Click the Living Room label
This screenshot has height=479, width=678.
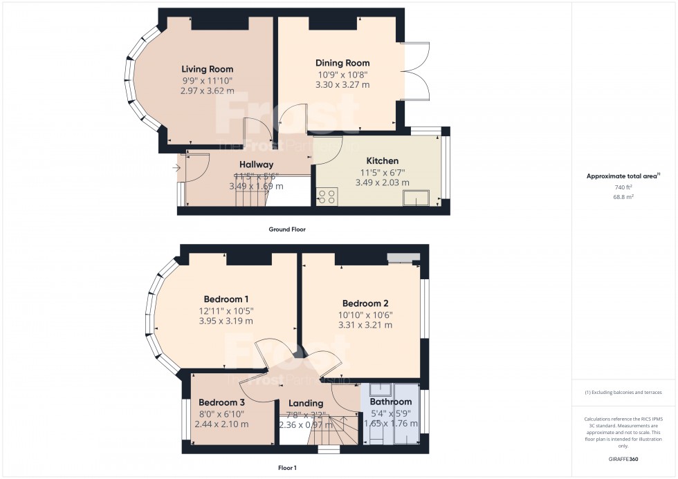207,69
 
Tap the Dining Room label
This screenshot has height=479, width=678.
343,63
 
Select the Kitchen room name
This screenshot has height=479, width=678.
382,161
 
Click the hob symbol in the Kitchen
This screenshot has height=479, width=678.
327,196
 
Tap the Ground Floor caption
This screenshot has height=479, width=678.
287,229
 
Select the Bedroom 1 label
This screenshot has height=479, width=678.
226,299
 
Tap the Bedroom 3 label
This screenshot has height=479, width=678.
222,402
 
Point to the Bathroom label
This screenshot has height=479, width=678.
390,402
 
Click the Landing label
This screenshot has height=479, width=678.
306,403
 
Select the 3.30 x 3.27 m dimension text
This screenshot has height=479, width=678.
343,85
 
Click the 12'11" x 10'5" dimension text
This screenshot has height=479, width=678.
226,310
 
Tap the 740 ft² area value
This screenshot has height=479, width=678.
624,187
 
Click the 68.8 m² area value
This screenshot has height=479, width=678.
624,196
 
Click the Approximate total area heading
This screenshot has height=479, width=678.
623,176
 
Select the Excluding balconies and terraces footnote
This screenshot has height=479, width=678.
624,392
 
